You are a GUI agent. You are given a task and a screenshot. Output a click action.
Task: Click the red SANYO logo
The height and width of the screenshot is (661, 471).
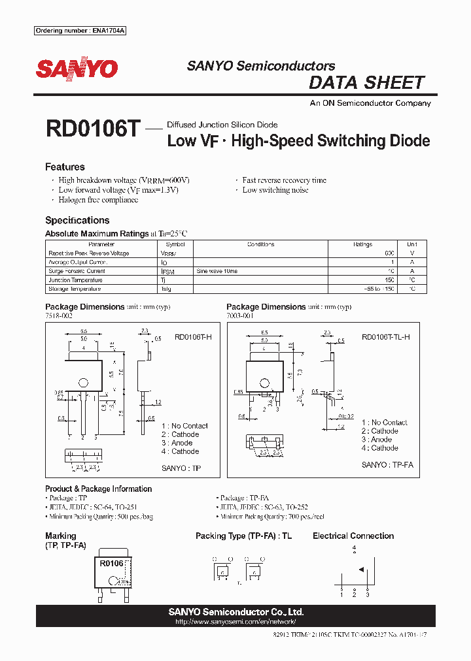77,69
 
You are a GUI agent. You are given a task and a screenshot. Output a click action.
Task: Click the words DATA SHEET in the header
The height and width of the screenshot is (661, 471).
366,83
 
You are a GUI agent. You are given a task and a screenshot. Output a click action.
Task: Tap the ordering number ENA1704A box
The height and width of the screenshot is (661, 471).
79,31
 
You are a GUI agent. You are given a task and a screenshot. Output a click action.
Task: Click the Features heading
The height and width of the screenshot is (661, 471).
65,167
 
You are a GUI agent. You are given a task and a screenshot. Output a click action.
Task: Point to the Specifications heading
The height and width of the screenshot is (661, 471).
77,221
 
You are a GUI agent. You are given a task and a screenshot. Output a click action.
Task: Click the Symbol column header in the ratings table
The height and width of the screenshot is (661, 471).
166,244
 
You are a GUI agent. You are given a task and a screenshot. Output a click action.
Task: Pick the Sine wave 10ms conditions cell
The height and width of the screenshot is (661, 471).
217,271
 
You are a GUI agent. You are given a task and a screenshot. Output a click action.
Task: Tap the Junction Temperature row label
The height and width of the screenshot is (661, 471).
77,280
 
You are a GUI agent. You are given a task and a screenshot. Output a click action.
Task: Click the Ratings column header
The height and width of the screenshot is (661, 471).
362,244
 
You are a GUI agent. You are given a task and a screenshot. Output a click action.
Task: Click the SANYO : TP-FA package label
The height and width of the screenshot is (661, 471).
387,465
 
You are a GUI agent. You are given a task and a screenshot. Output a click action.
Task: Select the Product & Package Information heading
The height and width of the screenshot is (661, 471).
98,489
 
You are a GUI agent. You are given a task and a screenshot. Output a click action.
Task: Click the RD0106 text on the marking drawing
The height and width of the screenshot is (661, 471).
112,564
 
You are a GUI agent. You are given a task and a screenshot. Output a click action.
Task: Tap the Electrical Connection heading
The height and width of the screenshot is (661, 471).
353,536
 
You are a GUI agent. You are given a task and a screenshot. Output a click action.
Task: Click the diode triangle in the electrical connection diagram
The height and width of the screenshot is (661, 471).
360,569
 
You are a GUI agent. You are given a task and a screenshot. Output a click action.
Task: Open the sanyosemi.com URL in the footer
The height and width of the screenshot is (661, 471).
235,622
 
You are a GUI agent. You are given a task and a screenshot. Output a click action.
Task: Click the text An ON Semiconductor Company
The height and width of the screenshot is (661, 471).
370,103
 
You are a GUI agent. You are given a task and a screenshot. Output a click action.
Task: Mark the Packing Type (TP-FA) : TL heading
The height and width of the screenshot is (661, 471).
244,536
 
